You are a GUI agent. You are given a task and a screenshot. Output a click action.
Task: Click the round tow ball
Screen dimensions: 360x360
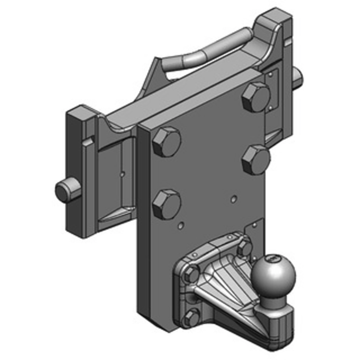point(268,274)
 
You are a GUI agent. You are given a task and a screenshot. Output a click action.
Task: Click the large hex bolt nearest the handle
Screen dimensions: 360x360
point(256,97)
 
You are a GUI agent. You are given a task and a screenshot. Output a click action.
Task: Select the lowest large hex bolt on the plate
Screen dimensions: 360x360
point(166,204)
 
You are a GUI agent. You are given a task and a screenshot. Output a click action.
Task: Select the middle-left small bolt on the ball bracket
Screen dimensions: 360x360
point(192,274)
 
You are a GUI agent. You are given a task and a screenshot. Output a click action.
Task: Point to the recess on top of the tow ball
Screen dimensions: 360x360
point(271,259)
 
